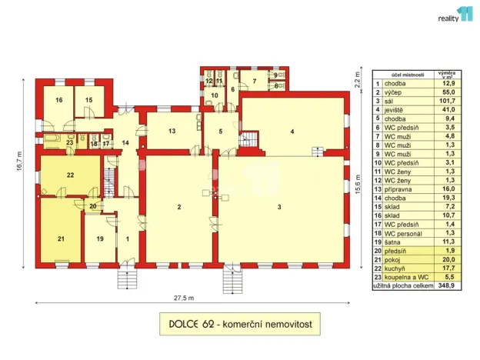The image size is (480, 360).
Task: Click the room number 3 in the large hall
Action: point(280,208)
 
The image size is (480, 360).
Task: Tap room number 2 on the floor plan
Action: point(178,208)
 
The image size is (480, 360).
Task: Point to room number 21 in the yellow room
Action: point(61,239)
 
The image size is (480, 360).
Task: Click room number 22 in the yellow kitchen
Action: point(70,175)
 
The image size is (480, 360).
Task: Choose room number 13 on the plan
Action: point(172,132)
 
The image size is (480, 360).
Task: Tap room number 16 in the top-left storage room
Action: point(58,100)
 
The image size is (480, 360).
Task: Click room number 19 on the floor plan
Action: point(100,239)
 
